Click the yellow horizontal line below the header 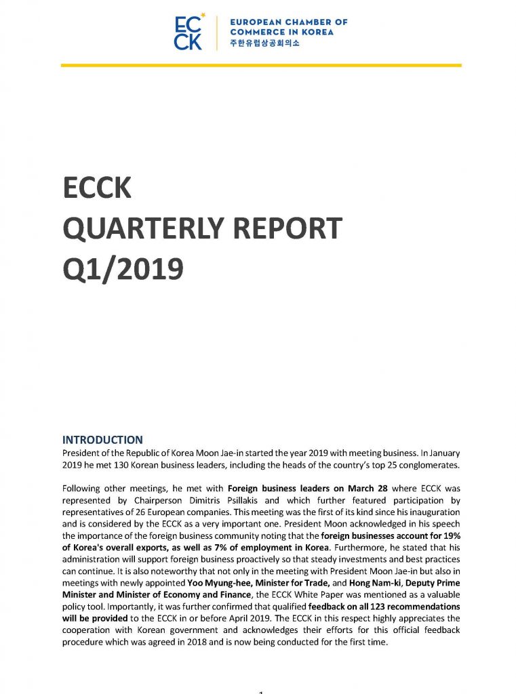[261, 65]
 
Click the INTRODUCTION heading [102, 440]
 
